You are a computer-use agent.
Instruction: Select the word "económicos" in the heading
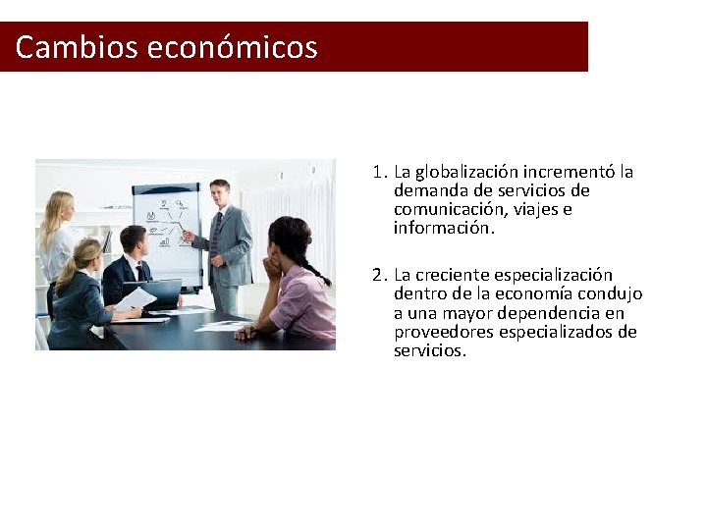click(x=233, y=47)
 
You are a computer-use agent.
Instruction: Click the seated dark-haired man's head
click(x=132, y=241)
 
